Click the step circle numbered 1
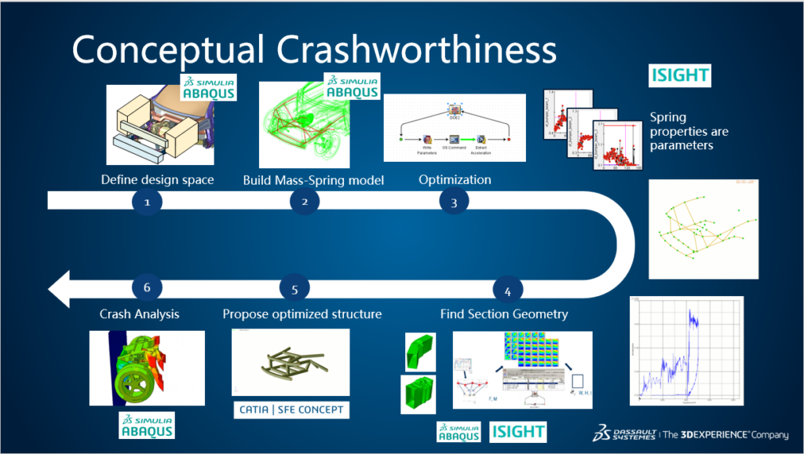pyautogui.click(x=147, y=201)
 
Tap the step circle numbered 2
pyautogui.click(x=304, y=201)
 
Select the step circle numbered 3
pyautogui.click(x=453, y=201)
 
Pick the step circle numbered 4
pyautogui.click(x=507, y=291)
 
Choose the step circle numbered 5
pyautogui.click(x=295, y=289)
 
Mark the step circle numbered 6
pyautogui.click(x=147, y=287)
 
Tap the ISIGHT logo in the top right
pyautogui.click(x=680, y=76)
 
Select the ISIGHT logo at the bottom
pyautogui.click(x=518, y=432)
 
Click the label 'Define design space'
pyautogui.click(x=157, y=180)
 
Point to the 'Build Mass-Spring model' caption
pyautogui.click(x=313, y=180)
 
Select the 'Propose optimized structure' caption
pyautogui.click(x=302, y=314)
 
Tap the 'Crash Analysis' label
pyautogui.click(x=140, y=314)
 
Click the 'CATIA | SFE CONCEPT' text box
pyautogui.click(x=290, y=409)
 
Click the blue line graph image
pyautogui.click(x=686, y=350)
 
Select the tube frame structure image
pyautogui.click(x=294, y=362)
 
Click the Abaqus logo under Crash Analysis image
pyautogui.click(x=147, y=424)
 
